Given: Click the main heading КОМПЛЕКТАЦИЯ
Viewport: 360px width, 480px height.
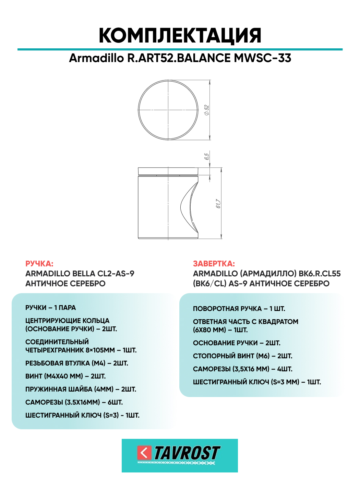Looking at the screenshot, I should [180, 35].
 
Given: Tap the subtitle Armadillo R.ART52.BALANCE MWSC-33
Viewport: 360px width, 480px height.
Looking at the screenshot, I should [180, 58].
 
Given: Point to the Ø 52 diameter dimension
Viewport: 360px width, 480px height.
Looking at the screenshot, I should [207, 110].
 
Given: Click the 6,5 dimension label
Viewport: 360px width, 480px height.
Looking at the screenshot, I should [206, 156].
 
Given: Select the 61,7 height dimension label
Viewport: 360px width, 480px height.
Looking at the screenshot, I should [218, 203].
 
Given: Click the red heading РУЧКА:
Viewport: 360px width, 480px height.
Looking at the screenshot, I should [39, 264].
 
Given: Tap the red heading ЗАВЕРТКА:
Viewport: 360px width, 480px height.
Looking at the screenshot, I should [214, 264].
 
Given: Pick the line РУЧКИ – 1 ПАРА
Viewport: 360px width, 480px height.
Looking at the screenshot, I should [50, 308].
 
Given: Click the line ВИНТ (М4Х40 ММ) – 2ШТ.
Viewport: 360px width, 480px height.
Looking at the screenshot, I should [65, 376].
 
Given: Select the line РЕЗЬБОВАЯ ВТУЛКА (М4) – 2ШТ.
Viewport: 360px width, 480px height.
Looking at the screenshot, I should [77, 363].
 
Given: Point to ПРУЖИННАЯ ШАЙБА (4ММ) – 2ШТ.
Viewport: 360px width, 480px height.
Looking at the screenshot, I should [81, 389].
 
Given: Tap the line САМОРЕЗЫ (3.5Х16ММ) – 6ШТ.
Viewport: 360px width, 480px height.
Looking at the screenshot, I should [74, 402].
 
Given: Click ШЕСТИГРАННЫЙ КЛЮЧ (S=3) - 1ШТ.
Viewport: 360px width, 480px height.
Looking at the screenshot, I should [82, 415].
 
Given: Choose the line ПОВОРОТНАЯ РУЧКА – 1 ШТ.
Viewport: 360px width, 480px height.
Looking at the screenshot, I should [239, 309].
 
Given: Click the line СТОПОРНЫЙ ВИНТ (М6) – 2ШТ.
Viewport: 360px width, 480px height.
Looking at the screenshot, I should [242, 356].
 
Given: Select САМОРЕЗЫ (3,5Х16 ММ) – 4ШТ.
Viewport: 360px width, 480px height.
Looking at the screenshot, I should [242, 369].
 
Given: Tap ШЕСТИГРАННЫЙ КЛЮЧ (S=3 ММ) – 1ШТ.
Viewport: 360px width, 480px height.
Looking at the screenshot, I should [257, 382].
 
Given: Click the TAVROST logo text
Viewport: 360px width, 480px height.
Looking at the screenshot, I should [187, 453].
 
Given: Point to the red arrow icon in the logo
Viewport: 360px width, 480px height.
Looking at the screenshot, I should [144, 453].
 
